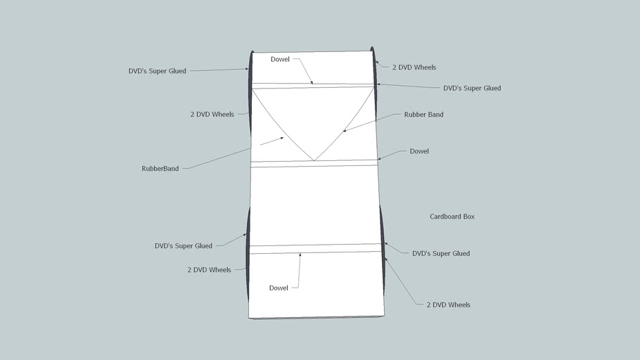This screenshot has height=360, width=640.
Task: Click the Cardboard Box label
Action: pyautogui.click(x=452, y=217)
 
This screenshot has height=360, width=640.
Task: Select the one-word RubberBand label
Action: pyautogui.click(x=160, y=169)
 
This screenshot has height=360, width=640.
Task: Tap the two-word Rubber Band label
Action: pyautogui.click(x=423, y=115)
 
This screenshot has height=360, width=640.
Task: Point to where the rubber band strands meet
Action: pyautogui.click(x=314, y=160)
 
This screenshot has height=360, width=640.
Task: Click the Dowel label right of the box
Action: pyautogui.click(x=419, y=151)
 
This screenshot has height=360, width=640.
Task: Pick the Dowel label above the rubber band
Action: pyautogui.click(x=280, y=59)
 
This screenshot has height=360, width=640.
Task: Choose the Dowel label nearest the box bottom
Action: pyautogui.click(x=279, y=288)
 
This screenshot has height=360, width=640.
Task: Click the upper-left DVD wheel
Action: pyautogui.click(x=250, y=91)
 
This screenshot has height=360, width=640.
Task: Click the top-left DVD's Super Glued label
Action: pyautogui.click(x=157, y=71)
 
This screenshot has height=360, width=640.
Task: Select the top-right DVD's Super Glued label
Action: pyautogui.click(x=472, y=89)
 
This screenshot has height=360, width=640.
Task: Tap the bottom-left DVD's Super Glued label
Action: pyautogui.click(x=183, y=246)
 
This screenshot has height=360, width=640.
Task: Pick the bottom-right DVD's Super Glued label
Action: pyautogui.click(x=441, y=253)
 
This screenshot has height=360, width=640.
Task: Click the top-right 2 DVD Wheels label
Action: pyautogui.click(x=414, y=67)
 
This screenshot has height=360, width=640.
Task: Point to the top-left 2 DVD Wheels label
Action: pyautogui.click(x=212, y=114)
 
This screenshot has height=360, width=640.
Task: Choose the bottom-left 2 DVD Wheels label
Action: pyautogui.click(x=209, y=270)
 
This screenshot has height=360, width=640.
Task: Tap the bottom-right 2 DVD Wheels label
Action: pyautogui.click(x=449, y=305)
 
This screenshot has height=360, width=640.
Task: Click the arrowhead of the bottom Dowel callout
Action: pyautogui.click(x=300, y=254)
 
